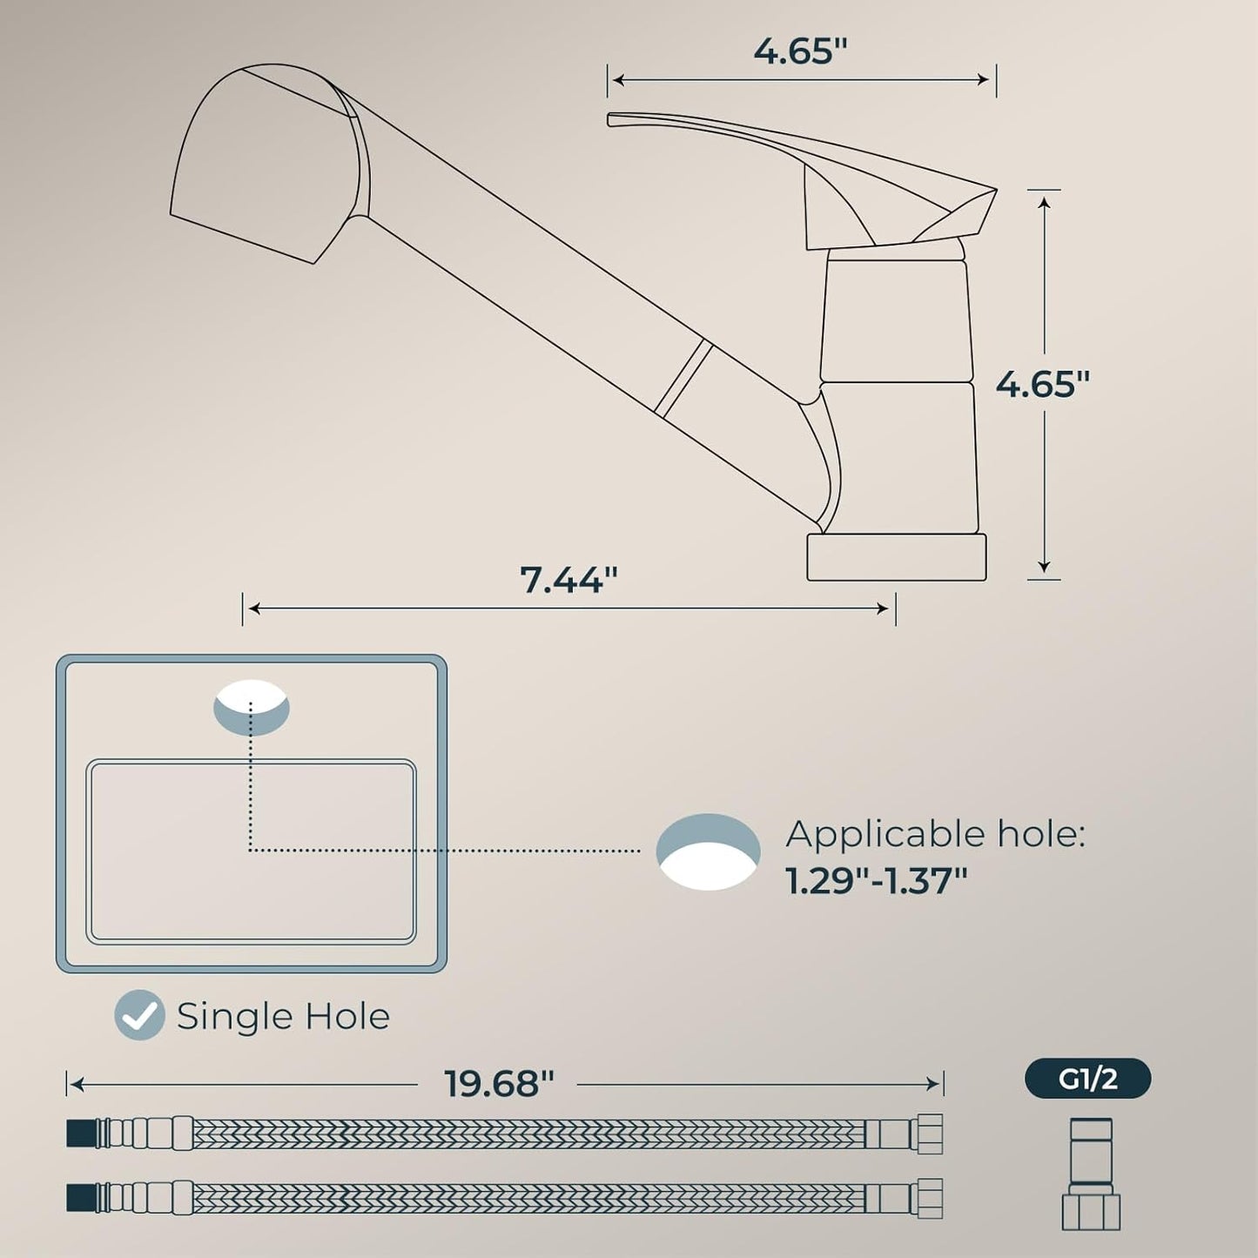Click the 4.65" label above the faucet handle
[x=799, y=51]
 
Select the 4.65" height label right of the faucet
[x=1042, y=384]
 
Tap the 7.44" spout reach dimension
[x=568, y=579]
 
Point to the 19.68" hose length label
[x=499, y=1084]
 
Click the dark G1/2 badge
[x=1087, y=1080]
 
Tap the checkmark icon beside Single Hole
[x=139, y=1015]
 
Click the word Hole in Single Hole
[x=346, y=1016]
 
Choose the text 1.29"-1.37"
[x=876, y=881]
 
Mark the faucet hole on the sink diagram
[x=252, y=707]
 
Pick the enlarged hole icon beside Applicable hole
[x=708, y=851]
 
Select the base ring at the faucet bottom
[x=896, y=557]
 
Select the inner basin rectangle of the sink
[x=251, y=851]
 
